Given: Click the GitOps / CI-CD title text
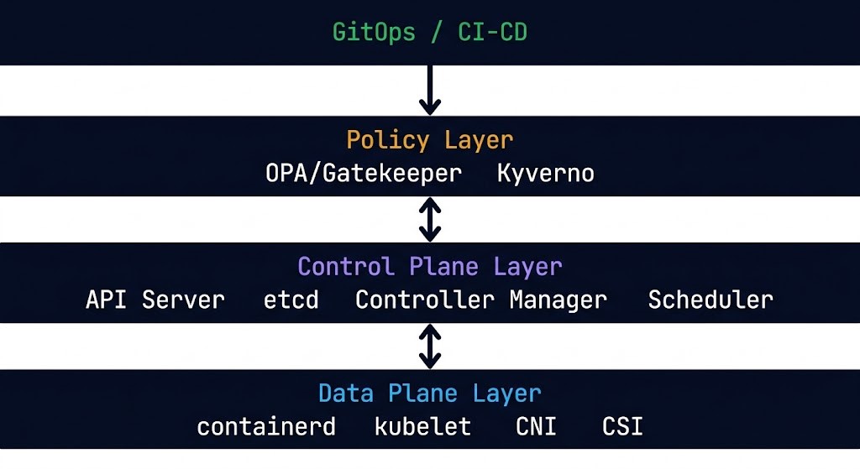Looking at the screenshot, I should (x=429, y=33).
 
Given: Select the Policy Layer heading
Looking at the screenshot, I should (x=429, y=139).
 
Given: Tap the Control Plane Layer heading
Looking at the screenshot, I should (x=429, y=267).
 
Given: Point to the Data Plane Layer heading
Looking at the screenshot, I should (x=429, y=393).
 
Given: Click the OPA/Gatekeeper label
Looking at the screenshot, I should (x=364, y=174).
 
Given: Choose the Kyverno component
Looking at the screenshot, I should (x=545, y=174).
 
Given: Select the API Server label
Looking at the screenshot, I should (x=155, y=300).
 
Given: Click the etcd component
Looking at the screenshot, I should (x=291, y=300).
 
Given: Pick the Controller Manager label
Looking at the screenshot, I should (x=480, y=300).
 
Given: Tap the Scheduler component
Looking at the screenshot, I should (x=711, y=300).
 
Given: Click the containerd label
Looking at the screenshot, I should (x=266, y=426).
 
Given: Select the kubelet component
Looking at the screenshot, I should (x=422, y=426).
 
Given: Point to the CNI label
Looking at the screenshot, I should (x=536, y=426).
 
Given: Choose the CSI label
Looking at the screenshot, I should (x=622, y=426).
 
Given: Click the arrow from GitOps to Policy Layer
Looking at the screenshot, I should (x=430, y=90).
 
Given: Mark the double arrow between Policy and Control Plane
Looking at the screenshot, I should (x=430, y=219).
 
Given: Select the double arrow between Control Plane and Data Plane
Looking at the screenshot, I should (x=430, y=346).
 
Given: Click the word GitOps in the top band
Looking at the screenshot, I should (x=374, y=33).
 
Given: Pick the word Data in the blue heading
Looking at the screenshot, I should (x=345, y=393).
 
